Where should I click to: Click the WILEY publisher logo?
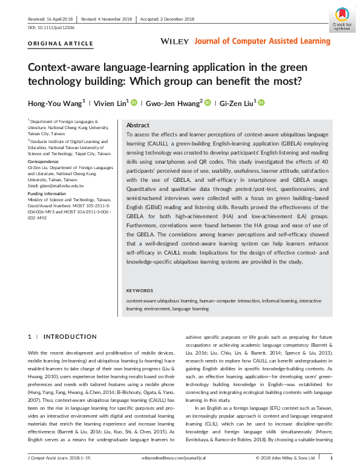(175, 41)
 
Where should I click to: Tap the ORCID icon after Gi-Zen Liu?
(262, 103)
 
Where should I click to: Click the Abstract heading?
(137, 125)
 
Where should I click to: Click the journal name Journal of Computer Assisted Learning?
(263, 41)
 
